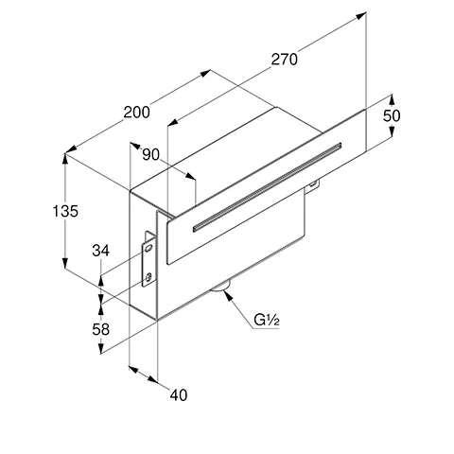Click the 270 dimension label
click(285, 60)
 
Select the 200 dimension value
click(136, 113)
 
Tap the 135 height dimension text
click(65, 211)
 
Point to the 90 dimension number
click(151, 154)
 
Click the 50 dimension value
click(392, 115)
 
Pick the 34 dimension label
click(101, 251)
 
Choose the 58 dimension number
click(101, 329)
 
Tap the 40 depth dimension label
click(179, 395)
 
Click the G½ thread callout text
click(267, 321)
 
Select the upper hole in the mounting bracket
click(148, 249)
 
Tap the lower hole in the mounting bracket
click(148, 277)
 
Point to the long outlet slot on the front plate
click(267, 187)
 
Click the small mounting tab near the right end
click(312, 186)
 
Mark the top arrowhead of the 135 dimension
click(65, 159)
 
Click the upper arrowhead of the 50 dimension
click(392, 99)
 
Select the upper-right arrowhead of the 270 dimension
click(360, 15)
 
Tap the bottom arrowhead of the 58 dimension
click(100, 348)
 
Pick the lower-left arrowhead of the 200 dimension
click(71, 150)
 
